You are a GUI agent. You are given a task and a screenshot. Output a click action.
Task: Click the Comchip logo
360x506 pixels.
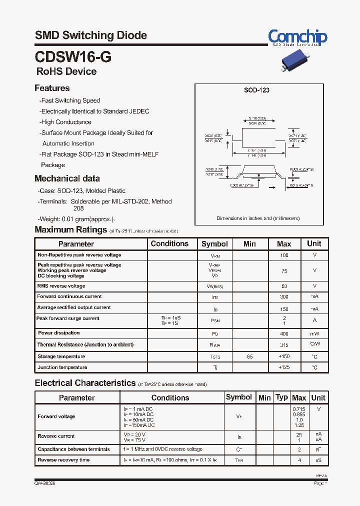pos(297,37)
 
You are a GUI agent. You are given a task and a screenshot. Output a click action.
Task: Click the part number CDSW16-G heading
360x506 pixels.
pos(73,57)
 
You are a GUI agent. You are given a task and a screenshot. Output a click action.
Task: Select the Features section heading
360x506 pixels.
pos(52,88)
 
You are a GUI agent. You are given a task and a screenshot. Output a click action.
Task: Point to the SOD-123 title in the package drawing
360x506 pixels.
pos(256,90)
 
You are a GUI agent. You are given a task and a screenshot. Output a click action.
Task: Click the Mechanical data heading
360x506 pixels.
pos(67,178)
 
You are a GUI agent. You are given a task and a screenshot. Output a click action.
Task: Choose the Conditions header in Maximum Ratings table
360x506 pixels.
pos(169,243)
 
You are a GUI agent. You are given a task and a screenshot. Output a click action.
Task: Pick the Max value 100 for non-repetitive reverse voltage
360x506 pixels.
pos(284,255)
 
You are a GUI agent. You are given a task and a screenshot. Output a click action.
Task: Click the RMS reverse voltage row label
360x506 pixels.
pos(61,286)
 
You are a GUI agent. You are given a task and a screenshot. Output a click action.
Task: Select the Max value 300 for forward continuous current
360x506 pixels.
pos(284,297)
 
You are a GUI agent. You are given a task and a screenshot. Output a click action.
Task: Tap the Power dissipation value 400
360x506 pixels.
pos(284,333)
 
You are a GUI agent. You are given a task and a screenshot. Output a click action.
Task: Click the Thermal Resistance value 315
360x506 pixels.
pos(284,345)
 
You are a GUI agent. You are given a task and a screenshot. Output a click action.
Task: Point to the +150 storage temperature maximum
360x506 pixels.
pos(284,357)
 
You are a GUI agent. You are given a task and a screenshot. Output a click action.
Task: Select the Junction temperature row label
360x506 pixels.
pos(62,367)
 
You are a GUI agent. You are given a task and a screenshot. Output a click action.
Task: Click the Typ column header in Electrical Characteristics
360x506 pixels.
pos(282,397)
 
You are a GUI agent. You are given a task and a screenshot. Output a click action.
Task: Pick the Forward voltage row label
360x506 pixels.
pos(56,416)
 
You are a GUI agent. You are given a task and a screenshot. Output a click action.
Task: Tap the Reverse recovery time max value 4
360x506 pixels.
pos(299,460)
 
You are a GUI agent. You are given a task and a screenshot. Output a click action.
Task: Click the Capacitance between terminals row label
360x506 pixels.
pos(73,449)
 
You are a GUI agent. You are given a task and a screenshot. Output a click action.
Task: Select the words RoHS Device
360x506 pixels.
pos(66,71)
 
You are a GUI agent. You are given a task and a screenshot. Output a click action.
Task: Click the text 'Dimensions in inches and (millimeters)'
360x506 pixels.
pos(258,218)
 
